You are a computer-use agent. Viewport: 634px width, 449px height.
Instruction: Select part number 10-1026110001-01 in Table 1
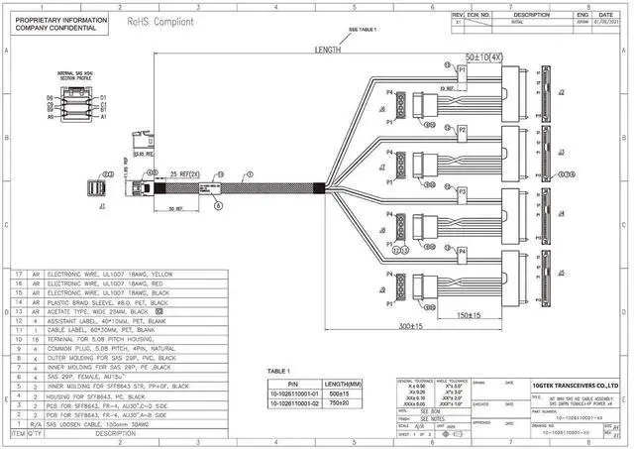click(292, 393)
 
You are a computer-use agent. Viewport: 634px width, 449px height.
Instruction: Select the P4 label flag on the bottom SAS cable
click(462, 252)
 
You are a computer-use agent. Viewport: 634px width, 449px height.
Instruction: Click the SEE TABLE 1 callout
click(363, 32)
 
